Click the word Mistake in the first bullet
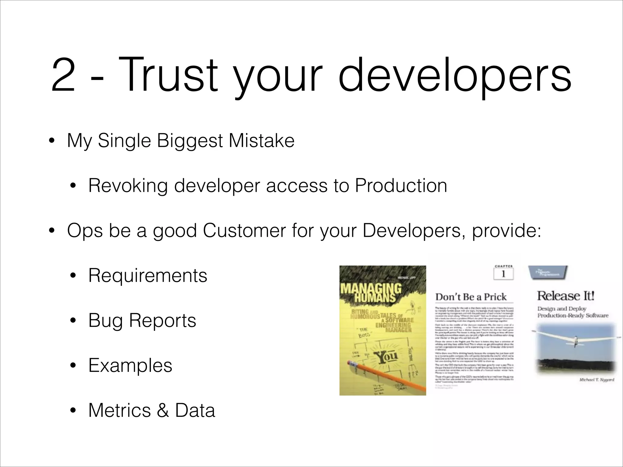tap(262, 141)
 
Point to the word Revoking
tap(128, 185)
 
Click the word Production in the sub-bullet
tap(401, 185)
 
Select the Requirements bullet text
tap(148, 275)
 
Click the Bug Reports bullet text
tap(142, 320)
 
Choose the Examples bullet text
tap(130, 365)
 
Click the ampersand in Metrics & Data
tap(163, 410)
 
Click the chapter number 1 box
tap(503, 274)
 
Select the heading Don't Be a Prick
tap(471, 297)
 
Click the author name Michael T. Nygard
tap(597, 380)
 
